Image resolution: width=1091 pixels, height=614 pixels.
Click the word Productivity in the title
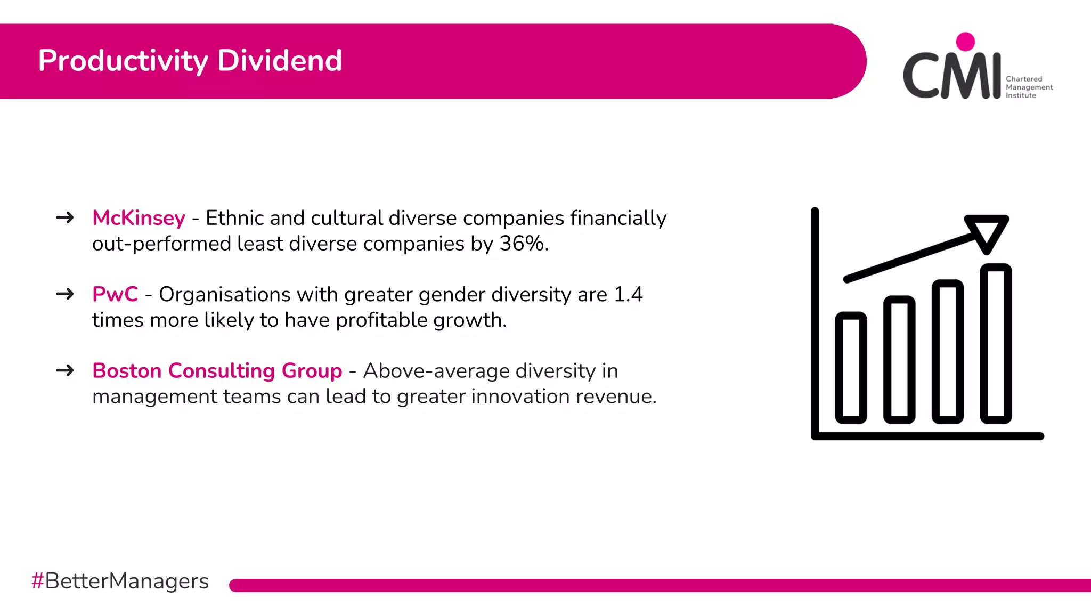coord(123,61)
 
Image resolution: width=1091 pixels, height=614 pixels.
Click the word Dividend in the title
coord(280,61)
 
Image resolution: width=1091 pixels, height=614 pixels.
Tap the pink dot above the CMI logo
coord(965,42)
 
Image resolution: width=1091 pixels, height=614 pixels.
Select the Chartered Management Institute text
coord(1029,87)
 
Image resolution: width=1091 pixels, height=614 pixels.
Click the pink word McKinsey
coord(139,218)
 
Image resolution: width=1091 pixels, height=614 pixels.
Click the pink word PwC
coord(115,294)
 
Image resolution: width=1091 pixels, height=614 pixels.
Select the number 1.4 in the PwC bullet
coord(628,294)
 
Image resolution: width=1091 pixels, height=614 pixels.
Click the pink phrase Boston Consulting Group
coord(217,371)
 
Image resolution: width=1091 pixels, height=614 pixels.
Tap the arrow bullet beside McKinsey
coord(65,217)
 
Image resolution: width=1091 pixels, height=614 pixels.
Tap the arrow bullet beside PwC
coord(65,294)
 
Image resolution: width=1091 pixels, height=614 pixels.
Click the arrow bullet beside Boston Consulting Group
coord(65,370)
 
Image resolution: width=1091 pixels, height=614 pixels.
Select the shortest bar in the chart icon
coord(851,368)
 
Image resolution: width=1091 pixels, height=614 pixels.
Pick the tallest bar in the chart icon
coord(996,344)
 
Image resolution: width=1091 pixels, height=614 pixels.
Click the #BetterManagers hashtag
coord(120,581)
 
